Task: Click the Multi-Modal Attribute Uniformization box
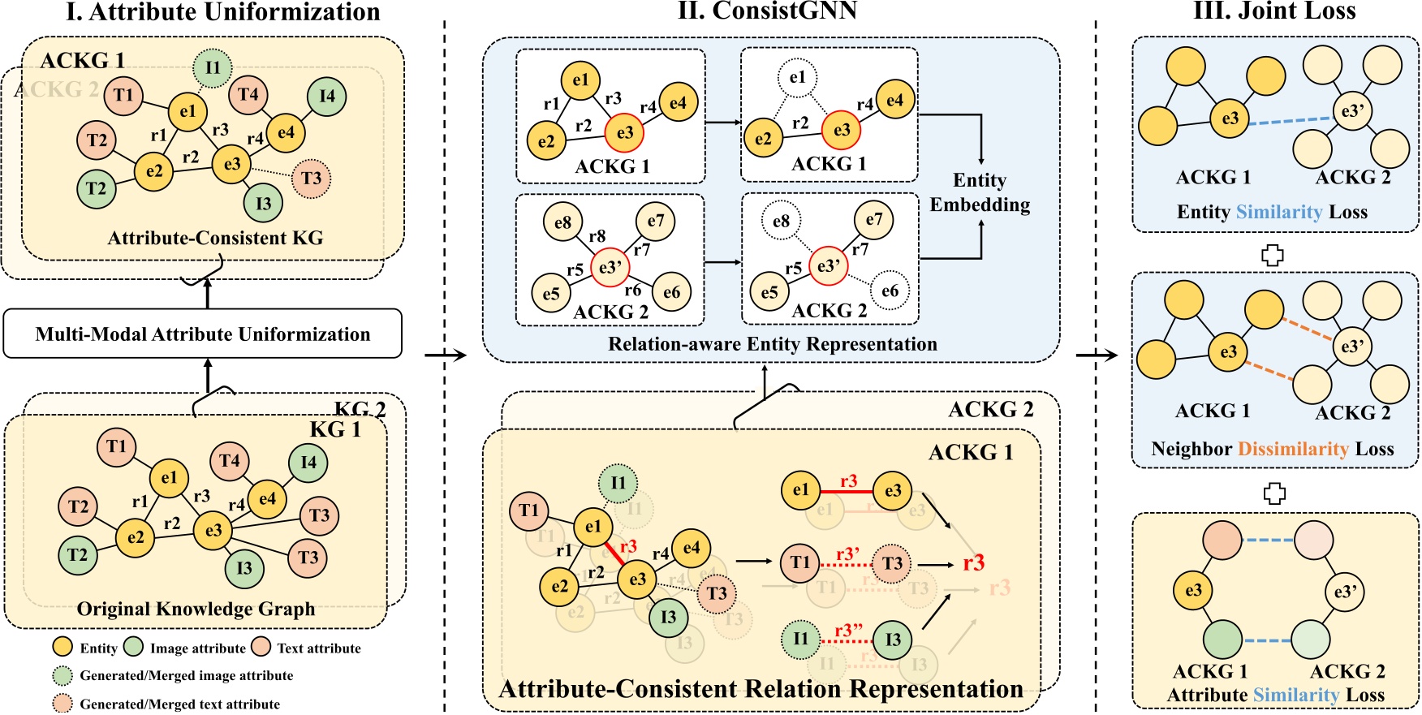pyautogui.click(x=203, y=334)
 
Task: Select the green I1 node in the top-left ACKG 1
pyautogui.click(x=213, y=67)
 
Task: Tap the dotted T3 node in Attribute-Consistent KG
pyautogui.click(x=312, y=178)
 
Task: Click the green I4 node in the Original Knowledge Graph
pyautogui.click(x=308, y=463)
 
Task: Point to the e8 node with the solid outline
pyautogui.click(x=562, y=222)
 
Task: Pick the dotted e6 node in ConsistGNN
pyautogui.click(x=890, y=291)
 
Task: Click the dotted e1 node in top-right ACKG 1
pyautogui.click(x=797, y=77)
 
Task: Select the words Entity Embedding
pyautogui.click(x=980, y=192)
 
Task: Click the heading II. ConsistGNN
pyautogui.click(x=767, y=11)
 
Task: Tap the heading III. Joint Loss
pyautogui.click(x=1274, y=11)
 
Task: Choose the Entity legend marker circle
pyautogui.click(x=62, y=647)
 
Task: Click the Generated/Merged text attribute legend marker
pyautogui.click(x=62, y=704)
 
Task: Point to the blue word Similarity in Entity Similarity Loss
pyautogui.click(x=1279, y=212)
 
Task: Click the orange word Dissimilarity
pyautogui.click(x=1293, y=449)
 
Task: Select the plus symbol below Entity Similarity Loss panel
pyautogui.click(x=1273, y=256)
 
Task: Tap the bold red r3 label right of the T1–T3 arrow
pyautogui.click(x=974, y=562)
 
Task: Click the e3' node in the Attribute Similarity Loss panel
pyautogui.click(x=1345, y=592)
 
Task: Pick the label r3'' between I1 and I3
pyautogui.click(x=848, y=631)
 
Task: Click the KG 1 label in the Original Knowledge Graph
pyautogui.click(x=335, y=429)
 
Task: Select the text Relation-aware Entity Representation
pyautogui.click(x=773, y=344)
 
